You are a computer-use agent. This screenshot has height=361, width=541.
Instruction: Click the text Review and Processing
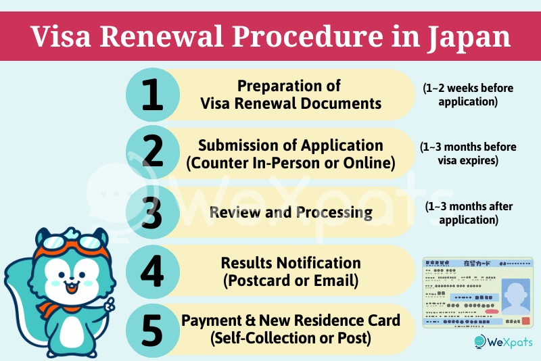(x=291, y=212)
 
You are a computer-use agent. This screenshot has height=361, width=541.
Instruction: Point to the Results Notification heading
(x=291, y=262)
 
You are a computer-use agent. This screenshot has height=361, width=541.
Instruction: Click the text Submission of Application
(x=291, y=145)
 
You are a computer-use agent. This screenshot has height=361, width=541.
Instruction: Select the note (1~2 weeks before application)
(x=459, y=95)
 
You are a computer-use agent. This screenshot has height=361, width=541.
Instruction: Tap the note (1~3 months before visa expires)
(x=459, y=153)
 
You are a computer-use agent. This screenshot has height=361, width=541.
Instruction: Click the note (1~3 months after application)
(x=459, y=212)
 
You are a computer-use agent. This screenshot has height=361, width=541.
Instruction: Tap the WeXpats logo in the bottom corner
(x=503, y=342)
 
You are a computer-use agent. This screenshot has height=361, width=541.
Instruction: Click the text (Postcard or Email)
(x=291, y=279)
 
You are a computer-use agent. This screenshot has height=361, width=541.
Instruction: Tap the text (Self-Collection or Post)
(x=291, y=337)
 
